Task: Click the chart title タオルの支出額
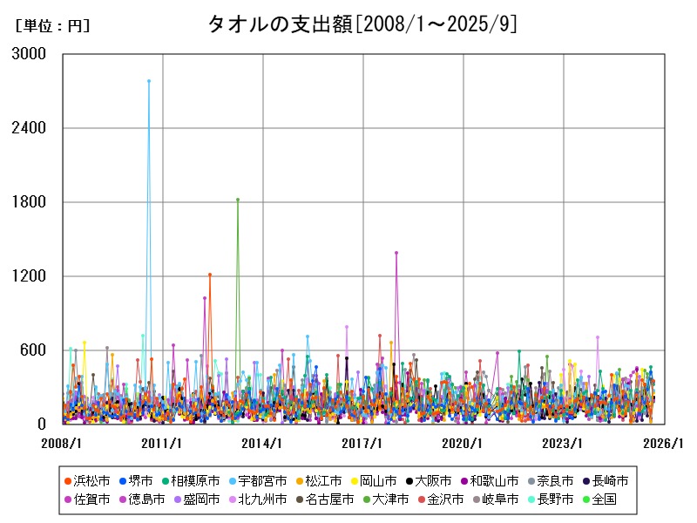[362, 24]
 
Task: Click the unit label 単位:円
[52, 26]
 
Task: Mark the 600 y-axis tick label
[33, 350]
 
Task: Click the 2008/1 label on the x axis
[63, 444]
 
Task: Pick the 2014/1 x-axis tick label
[263, 444]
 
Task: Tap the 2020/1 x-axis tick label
[464, 444]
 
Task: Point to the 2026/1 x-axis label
[664, 444]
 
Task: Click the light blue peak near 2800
[149, 81]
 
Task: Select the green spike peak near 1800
[238, 200]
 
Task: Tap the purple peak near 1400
[396, 253]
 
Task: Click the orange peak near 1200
[210, 275]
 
